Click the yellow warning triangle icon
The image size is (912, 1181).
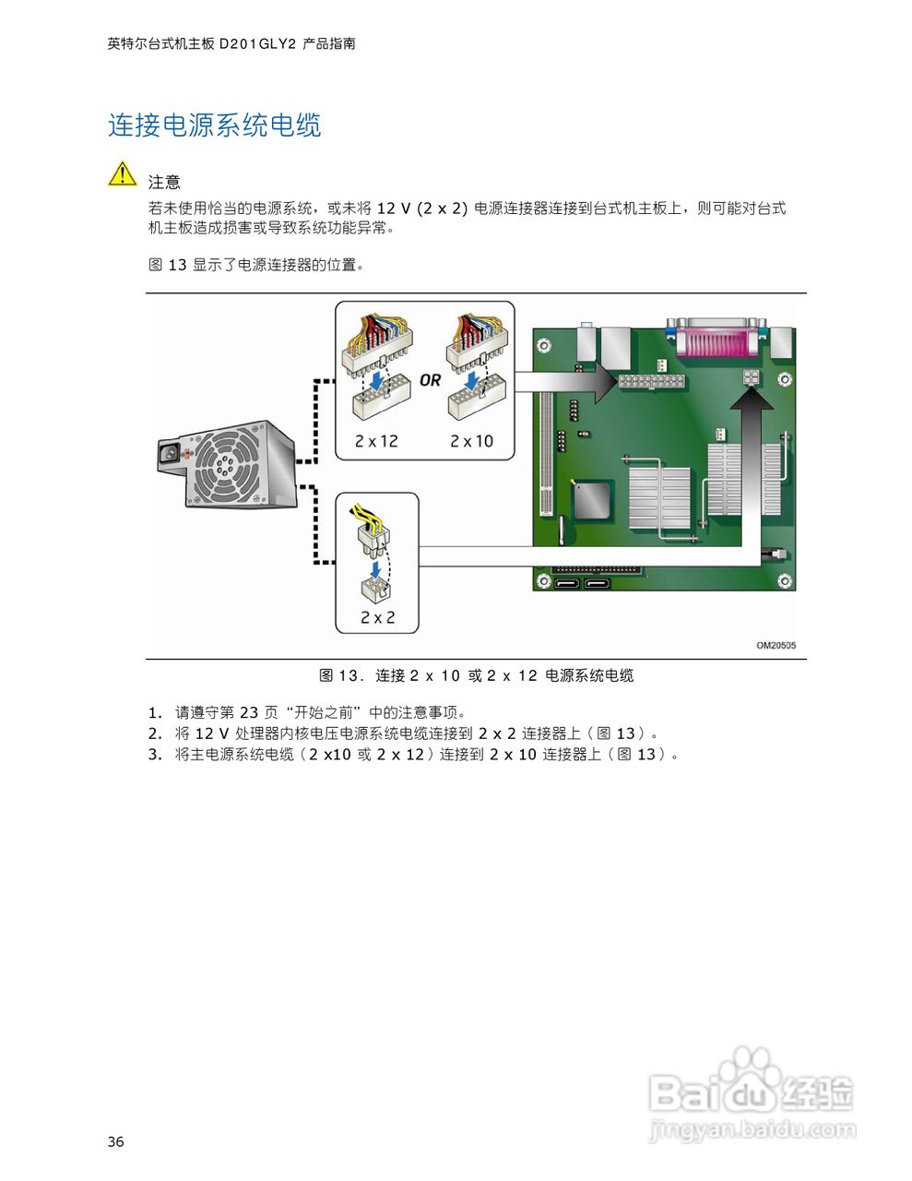pyautogui.click(x=122, y=173)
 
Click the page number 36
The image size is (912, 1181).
pyautogui.click(x=115, y=1142)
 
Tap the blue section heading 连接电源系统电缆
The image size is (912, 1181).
pyautogui.click(x=215, y=125)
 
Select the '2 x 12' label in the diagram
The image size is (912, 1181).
pyautogui.click(x=376, y=441)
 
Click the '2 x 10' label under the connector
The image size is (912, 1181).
pyautogui.click(x=471, y=441)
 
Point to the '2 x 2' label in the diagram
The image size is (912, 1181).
pyautogui.click(x=377, y=617)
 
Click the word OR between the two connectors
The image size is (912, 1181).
pyautogui.click(x=430, y=380)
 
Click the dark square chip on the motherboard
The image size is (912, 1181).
pyautogui.click(x=592, y=500)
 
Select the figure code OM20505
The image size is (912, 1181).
pyautogui.click(x=776, y=646)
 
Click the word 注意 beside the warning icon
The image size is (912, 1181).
pyautogui.click(x=164, y=183)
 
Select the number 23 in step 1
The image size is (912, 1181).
pyautogui.click(x=249, y=712)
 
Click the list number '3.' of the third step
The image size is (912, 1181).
pyautogui.click(x=155, y=755)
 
